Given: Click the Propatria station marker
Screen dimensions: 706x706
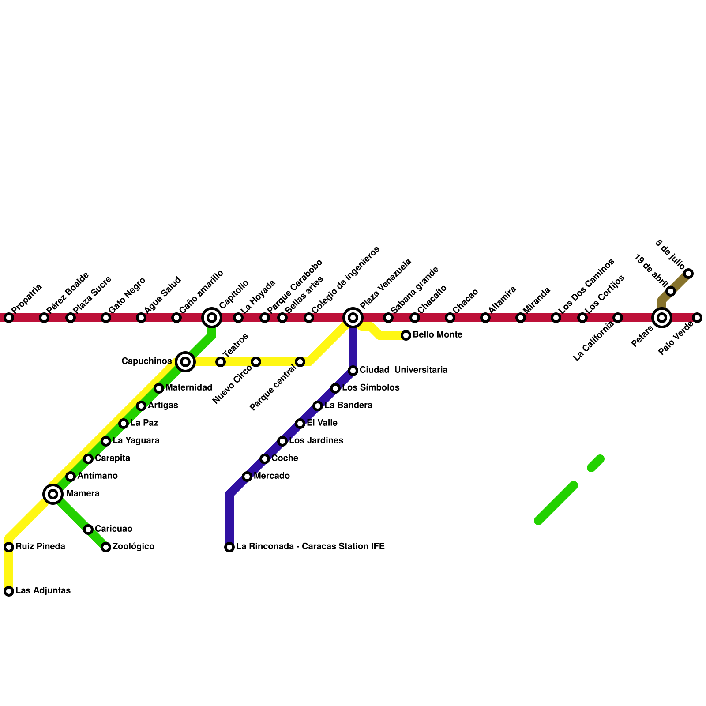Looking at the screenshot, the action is (x=9, y=318).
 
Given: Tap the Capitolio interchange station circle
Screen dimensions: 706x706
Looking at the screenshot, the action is (x=212, y=318).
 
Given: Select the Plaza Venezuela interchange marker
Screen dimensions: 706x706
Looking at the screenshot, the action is (x=353, y=318).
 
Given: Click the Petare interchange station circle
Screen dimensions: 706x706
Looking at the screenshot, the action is (x=662, y=318).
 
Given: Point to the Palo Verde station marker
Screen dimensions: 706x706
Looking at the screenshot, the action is (x=697, y=318).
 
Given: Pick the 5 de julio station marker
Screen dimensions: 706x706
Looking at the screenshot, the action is (x=688, y=274).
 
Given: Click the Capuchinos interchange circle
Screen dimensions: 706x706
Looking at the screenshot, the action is (x=185, y=362).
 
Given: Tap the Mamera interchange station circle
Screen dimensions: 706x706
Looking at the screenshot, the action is (x=53, y=494).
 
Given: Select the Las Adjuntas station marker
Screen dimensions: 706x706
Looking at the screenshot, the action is (x=9, y=591).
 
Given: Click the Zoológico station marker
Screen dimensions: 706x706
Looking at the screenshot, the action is (x=106, y=547).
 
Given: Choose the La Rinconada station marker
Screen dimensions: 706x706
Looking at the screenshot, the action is (x=229, y=547).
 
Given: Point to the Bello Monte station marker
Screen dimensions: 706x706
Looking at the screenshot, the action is (x=406, y=335).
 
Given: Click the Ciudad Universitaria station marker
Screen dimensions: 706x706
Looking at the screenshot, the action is (x=353, y=371).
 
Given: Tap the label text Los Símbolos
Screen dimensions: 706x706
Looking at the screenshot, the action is (x=371, y=388).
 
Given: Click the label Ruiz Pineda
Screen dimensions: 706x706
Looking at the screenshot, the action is (x=40, y=547).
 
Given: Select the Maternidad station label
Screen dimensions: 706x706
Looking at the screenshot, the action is (x=189, y=388).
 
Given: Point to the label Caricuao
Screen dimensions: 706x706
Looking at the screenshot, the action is (x=113, y=529).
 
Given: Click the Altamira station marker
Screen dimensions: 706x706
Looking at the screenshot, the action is (x=485, y=318).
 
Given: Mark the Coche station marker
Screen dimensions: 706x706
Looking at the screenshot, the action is (x=265, y=459).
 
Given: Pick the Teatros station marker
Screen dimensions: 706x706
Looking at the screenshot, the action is (x=221, y=362).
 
